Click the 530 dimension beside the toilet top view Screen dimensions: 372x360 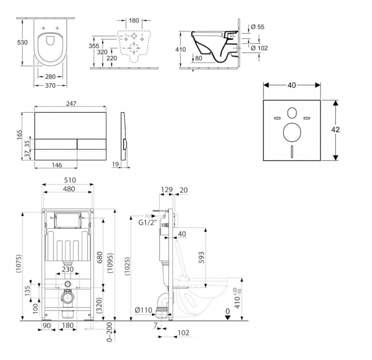click(22, 43)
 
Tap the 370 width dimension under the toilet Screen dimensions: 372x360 click(50, 85)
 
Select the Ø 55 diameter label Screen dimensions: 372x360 click(258, 27)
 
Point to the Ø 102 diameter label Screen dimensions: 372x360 click(259, 48)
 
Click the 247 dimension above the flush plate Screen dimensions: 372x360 click(71, 104)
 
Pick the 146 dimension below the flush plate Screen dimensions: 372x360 click(57, 165)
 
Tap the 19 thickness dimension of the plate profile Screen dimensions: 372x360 click(115, 164)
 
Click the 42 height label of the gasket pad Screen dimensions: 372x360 click(335, 130)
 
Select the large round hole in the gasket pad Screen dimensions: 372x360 click(292, 132)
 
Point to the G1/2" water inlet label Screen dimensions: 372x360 click(148, 223)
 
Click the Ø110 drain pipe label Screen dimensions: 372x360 click(143, 310)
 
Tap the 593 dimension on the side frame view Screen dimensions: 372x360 click(201, 258)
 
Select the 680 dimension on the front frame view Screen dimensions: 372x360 click(100, 257)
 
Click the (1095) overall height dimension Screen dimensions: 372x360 click(110, 263)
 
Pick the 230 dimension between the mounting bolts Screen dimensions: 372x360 click(68, 269)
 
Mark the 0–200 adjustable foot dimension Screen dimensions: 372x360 click(109, 332)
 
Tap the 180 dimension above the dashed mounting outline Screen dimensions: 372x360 click(134, 21)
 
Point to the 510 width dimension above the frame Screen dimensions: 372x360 click(70, 180)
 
